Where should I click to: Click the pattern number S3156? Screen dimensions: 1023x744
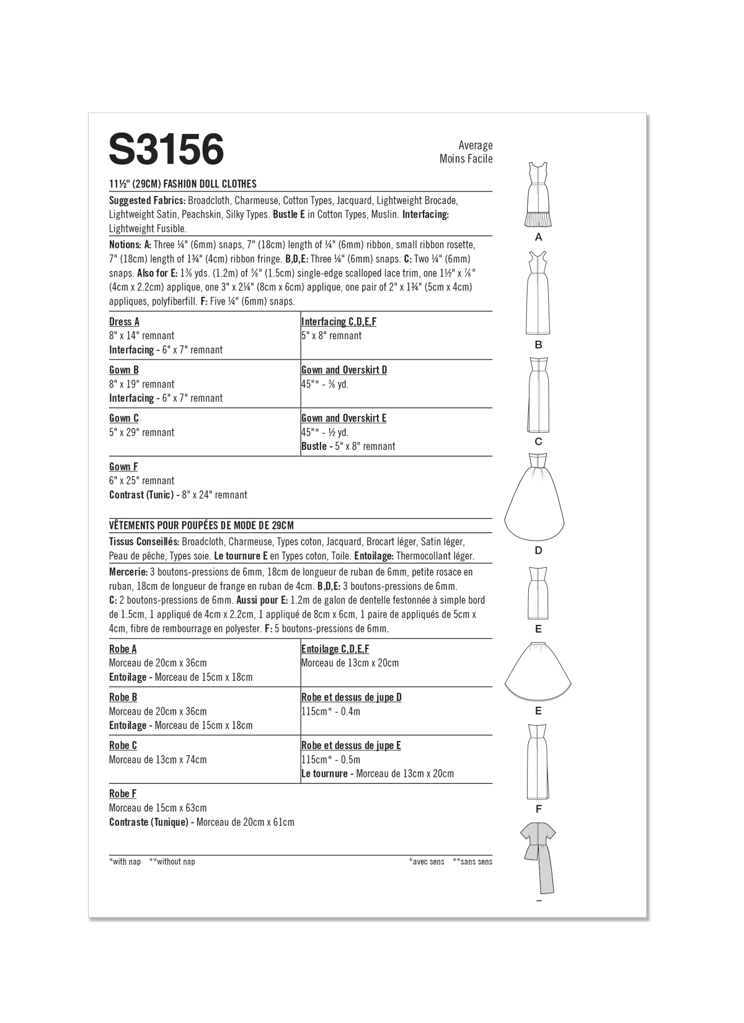click(166, 149)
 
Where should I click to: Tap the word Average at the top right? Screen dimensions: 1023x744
click(476, 145)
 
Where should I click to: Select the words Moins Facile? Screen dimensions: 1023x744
click(466, 159)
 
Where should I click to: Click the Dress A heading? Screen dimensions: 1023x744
click(124, 321)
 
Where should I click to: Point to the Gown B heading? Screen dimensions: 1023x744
click(124, 370)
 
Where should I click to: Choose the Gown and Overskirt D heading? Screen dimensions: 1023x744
click(344, 370)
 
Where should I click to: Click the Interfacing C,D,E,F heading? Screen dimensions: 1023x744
click(339, 321)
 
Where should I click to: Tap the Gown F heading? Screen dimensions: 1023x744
click(123, 466)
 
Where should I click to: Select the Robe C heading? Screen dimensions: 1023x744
click(123, 745)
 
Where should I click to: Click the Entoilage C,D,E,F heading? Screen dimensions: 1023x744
click(335, 649)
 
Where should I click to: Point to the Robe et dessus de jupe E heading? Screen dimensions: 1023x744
click(351, 745)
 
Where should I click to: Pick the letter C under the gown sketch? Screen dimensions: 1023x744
click(538, 441)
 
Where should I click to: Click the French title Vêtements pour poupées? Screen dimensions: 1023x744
click(201, 525)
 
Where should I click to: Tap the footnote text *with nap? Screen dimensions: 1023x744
click(125, 862)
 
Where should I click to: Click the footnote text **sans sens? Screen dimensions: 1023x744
click(472, 862)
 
